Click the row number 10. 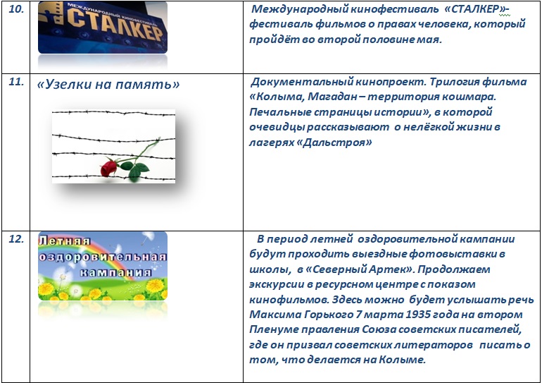pos(16,8)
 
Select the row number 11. pos(16,82)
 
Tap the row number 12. pos(16,238)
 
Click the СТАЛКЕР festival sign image pos(103,28)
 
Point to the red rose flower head pos(108,168)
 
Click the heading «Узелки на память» pos(108,84)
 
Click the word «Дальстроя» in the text pos(334,142)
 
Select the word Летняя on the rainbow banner pos(64,241)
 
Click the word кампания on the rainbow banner pos(116,272)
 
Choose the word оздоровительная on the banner pos(103,257)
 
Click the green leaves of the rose pos(135,169)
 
